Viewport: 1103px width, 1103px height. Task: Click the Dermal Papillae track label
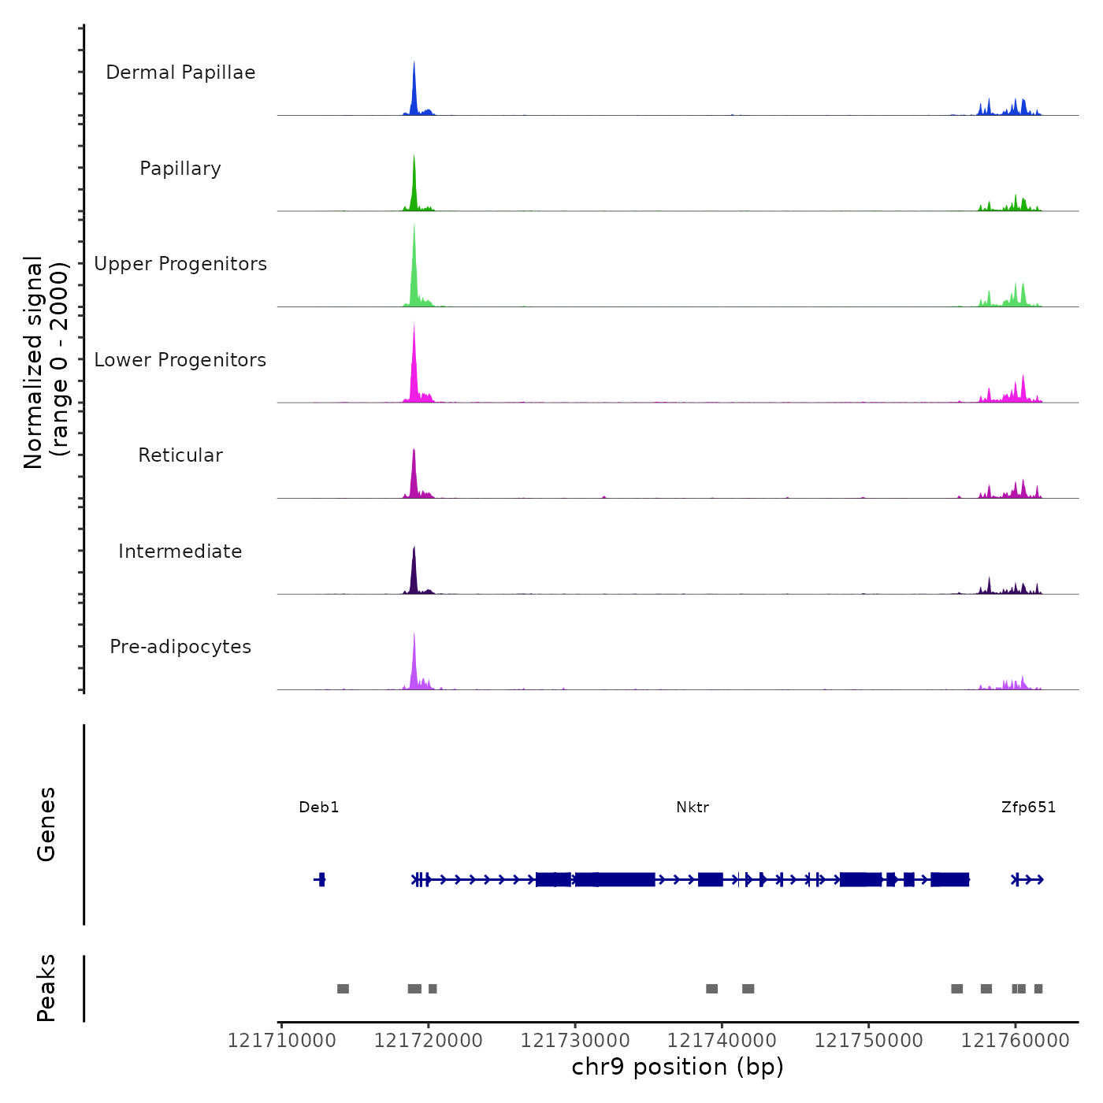(180, 72)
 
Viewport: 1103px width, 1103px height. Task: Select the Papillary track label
(180, 169)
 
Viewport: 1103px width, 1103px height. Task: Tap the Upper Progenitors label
(180, 264)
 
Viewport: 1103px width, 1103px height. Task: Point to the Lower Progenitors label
(180, 360)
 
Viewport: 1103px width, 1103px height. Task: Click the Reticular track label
(180, 455)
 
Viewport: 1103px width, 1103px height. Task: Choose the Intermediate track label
(180, 551)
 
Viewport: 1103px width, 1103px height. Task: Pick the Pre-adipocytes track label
(180, 647)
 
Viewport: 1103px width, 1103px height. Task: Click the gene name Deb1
(319, 808)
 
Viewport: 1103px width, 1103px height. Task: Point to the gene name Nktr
(693, 808)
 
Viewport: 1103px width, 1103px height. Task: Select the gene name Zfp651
(1028, 808)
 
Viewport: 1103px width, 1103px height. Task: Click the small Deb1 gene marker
(320, 879)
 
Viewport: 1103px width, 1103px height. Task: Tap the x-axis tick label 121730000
(575, 1041)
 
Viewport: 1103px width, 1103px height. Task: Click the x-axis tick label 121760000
(1016, 1041)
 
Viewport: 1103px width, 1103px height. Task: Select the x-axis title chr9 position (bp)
(678, 1068)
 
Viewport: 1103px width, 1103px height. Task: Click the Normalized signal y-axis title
(46, 362)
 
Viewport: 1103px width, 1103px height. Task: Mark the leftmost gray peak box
(343, 989)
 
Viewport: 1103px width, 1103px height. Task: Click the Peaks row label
(46, 988)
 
